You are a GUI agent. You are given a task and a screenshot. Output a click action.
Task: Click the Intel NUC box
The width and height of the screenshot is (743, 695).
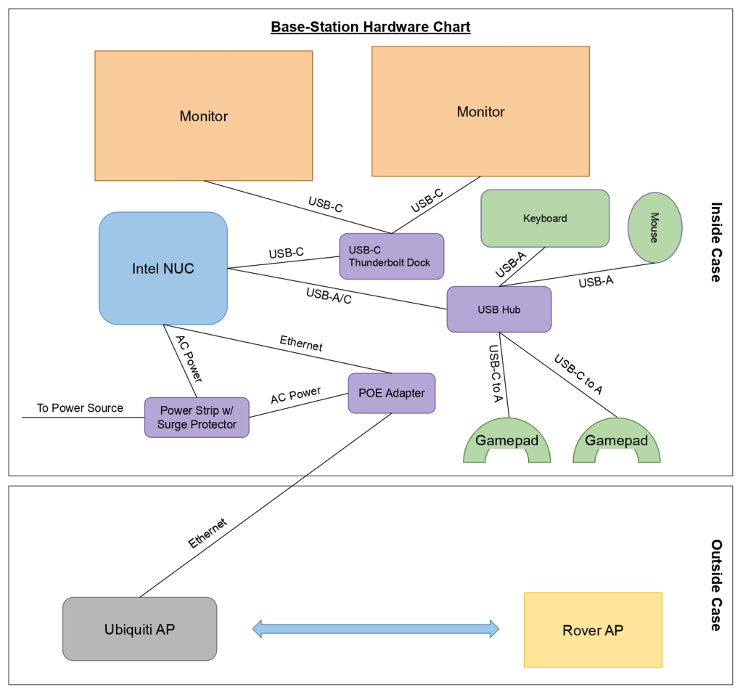pos(163,268)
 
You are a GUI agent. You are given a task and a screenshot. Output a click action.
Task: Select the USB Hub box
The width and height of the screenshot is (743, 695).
pos(498,310)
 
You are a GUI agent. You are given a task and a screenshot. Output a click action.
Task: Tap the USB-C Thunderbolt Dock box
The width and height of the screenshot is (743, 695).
pos(391,256)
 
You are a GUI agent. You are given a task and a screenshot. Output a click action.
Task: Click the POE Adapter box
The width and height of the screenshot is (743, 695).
pos(391,394)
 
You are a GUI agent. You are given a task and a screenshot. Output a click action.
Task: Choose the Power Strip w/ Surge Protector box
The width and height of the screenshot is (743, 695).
pos(197,417)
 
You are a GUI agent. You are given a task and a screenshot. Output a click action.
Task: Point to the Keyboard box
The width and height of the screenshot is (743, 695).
pos(544,218)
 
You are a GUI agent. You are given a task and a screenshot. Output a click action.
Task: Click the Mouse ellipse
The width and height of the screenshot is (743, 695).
pos(654,227)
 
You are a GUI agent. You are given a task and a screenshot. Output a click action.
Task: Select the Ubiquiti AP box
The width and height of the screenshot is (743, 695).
pos(139,629)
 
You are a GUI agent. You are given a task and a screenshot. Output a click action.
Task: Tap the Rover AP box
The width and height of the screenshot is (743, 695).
pos(592,630)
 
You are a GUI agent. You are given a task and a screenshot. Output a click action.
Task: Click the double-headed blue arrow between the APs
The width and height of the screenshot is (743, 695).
pos(375,628)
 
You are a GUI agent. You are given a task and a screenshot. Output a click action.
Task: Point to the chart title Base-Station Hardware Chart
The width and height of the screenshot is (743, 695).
pos(371,28)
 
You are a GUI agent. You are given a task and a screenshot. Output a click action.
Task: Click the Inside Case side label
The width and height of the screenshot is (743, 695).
pos(715,242)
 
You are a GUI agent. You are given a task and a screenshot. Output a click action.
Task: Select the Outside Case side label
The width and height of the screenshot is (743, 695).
pos(715,585)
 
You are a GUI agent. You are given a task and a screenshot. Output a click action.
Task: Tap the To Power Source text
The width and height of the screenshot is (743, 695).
pos(80,408)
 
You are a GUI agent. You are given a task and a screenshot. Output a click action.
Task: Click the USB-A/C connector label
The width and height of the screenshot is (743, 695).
pos(329,296)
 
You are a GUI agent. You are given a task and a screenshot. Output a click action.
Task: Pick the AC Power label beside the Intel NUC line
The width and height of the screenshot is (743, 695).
pos(188,358)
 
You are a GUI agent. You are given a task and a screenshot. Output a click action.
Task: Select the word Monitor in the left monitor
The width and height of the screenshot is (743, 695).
pos(203,116)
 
